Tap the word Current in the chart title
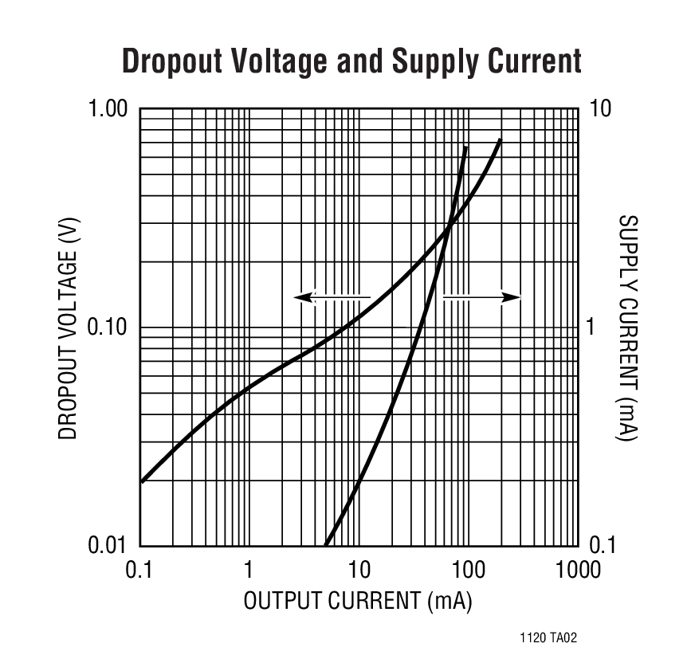(x=533, y=61)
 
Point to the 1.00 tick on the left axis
(x=106, y=108)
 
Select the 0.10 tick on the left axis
(x=106, y=327)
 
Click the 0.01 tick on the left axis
(x=106, y=546)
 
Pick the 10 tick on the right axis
(x=600, y=108)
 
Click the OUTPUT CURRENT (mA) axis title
(x=358, y=601)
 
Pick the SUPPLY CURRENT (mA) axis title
(x=630, y=327)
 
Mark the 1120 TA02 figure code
(x=548, y=638)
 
